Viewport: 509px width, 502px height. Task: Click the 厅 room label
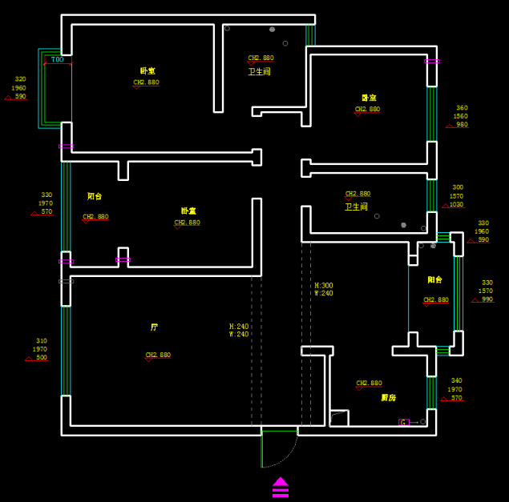(154, 327)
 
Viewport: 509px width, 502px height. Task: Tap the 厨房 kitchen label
(388, 398)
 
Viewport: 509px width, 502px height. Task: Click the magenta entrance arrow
(281, 487)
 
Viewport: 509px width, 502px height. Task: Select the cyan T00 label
(57, 60)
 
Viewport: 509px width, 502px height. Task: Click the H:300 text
(324, 285)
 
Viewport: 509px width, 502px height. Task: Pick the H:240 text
(239, 327)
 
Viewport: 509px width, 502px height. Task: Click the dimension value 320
(20, 79)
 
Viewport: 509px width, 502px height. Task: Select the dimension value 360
(462, 108)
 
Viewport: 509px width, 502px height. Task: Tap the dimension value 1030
(456, 205)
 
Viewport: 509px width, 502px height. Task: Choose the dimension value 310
(42, 341)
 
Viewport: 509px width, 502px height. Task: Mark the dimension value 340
(456, 381)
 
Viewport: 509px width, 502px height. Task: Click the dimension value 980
(462, 125)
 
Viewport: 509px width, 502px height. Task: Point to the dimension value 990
(487, 299)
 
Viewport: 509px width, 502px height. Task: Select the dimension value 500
(42, 358)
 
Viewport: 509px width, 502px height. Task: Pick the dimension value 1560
(461, 117)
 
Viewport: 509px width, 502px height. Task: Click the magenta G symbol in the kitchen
(404, 422)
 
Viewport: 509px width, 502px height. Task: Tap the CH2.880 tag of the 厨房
(369, 384)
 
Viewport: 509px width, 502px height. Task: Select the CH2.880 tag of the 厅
(158, 355)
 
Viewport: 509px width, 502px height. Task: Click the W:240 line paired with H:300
(324, 294)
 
